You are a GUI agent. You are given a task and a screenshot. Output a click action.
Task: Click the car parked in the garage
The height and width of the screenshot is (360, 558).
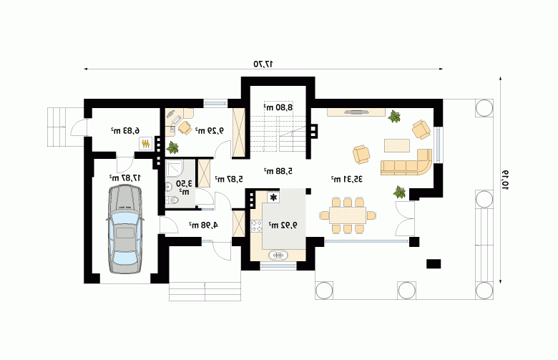click(x=125, y=229)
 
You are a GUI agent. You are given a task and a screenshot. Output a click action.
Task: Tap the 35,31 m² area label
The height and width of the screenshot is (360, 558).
click(x=347, y=179)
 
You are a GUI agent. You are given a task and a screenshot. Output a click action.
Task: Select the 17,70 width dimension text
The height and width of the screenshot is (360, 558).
click(x=263, y=64)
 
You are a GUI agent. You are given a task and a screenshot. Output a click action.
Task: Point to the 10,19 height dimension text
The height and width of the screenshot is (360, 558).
click(x=505, y=180)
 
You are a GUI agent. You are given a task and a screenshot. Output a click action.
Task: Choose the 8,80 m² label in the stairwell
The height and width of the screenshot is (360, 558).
click(x=278, y=107)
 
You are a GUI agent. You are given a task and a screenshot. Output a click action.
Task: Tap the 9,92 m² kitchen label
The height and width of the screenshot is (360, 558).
click(x=283, y=225)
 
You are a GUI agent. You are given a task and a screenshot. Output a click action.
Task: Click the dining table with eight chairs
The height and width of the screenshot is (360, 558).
click(x=348, y=216)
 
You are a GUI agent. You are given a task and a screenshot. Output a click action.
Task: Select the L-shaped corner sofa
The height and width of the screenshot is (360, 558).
click(x=407, y=163)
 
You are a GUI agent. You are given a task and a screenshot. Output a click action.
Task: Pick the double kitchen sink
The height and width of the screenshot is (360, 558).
click(x=279, y=256)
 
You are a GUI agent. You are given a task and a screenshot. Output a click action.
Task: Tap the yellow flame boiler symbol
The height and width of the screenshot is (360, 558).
click(x=145, y=144)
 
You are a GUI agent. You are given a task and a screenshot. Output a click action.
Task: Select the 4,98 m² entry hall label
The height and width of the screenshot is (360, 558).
click(x=203, y=225)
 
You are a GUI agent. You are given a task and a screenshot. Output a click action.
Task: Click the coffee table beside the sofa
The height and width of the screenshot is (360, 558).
click(x=397, y=145)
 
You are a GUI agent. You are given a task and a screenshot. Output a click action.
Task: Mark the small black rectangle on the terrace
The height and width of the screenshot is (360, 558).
click(x=434, y=264)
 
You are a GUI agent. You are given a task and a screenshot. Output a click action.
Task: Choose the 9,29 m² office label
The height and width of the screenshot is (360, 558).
click(x=209, y=131)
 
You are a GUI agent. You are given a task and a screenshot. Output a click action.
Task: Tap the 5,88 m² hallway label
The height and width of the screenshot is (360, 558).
click(x=278, y=171)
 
